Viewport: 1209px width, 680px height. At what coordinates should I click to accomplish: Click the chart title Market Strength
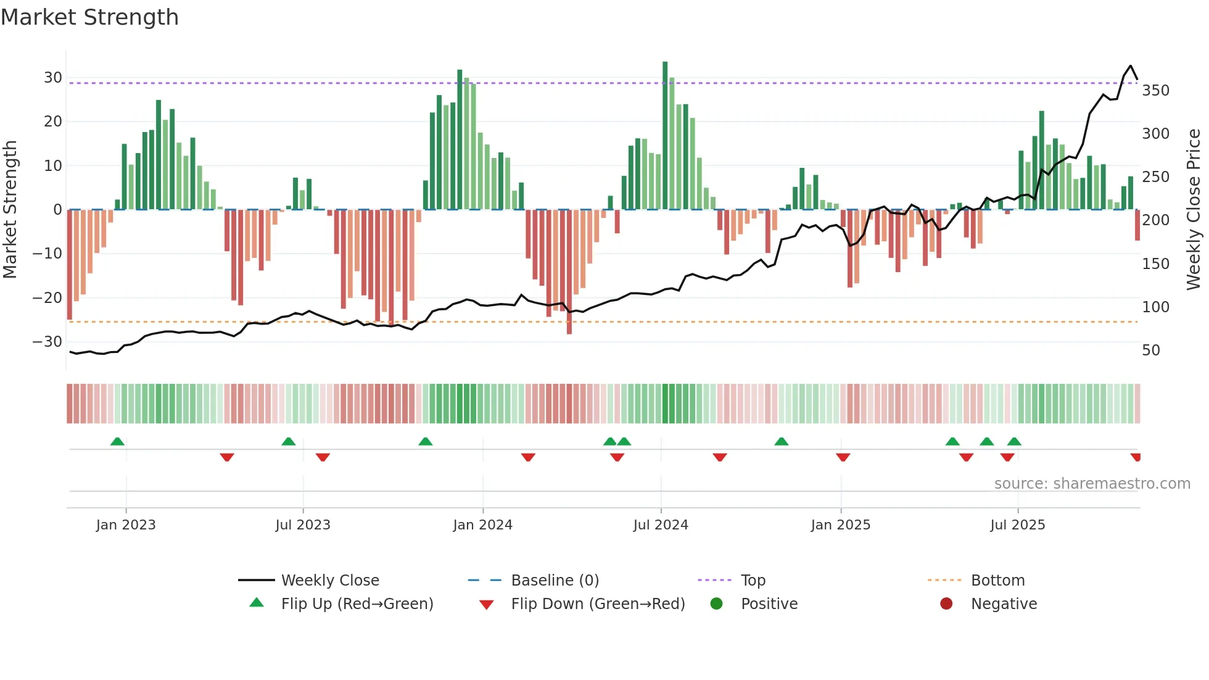[89, 17]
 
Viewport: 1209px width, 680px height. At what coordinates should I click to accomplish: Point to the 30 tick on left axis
[52, 78]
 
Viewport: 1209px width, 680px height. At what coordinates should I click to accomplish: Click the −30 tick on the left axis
[47, 342]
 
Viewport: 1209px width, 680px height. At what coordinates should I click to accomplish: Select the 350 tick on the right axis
[1155, 91]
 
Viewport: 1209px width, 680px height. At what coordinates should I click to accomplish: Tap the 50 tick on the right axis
[1150, 350]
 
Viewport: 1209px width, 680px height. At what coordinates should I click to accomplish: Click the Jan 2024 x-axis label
[482, 525]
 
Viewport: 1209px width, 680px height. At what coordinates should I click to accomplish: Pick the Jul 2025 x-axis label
[1017, 525]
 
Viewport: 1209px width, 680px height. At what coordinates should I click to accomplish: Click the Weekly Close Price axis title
[1194, 210]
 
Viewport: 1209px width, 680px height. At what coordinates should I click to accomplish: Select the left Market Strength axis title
[10, 210]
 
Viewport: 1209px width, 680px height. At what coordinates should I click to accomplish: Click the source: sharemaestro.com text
[1092, 484]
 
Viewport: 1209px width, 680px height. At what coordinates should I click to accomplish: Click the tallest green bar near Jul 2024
[665, 136]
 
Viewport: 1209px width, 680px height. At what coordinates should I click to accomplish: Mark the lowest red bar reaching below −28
[569, 272]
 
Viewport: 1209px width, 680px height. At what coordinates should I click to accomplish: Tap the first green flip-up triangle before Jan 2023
[117, 441]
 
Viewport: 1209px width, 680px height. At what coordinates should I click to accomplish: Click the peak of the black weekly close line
[1130, 66]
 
